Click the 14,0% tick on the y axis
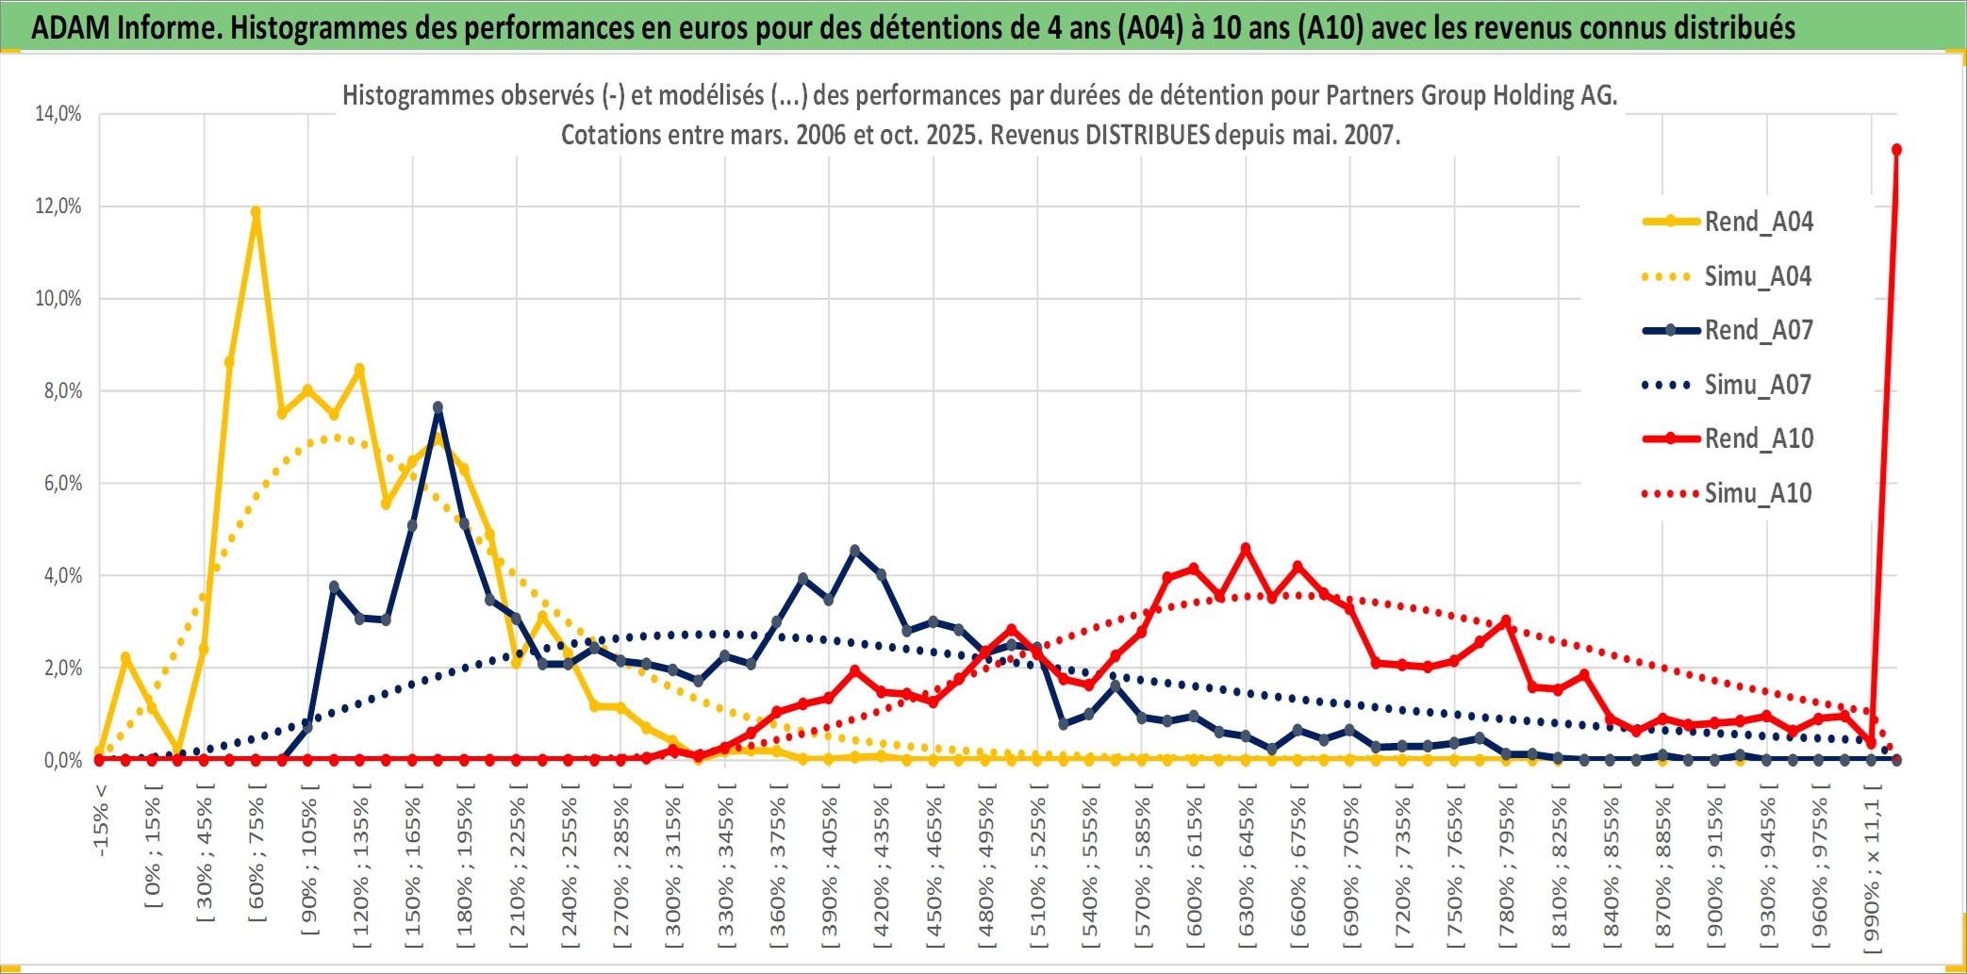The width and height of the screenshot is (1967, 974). click(58, 114)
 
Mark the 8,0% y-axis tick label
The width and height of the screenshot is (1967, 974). click(62, 391)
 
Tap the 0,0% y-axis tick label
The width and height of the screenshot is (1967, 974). click(62, 761)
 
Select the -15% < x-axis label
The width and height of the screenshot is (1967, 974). click(101, 820)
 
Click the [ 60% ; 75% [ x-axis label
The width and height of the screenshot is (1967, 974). click(256, 858)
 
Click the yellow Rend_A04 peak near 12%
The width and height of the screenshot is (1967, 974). click(256, 212)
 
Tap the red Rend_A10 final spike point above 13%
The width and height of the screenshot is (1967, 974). click(1896, 150)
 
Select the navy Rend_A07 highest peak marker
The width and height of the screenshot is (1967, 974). click(438, 407)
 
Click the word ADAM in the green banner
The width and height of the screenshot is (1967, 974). click(70, 28)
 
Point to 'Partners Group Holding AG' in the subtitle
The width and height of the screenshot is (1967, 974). click(1471, 95)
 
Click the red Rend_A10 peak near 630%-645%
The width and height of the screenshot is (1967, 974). click(1246, 548)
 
